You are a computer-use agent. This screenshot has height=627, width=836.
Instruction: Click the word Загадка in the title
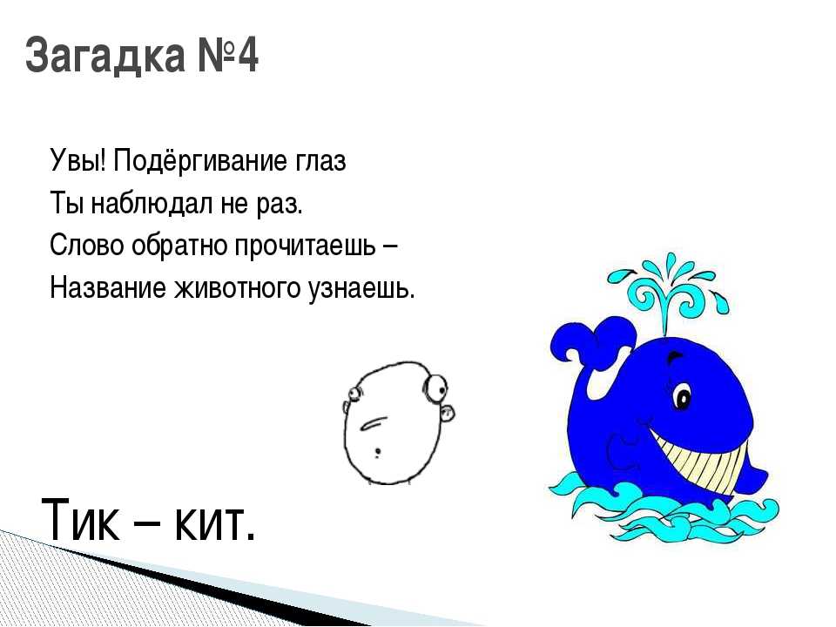pyautogui.click(x=105, y=55)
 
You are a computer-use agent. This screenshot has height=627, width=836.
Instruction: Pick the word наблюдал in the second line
pyautogui.click(x=152, y=203)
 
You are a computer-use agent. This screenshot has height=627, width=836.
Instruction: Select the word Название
pyautogui.click(x=108, y=288)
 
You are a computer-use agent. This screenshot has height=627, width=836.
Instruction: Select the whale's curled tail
pyautogui.click(x=593, y=341)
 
